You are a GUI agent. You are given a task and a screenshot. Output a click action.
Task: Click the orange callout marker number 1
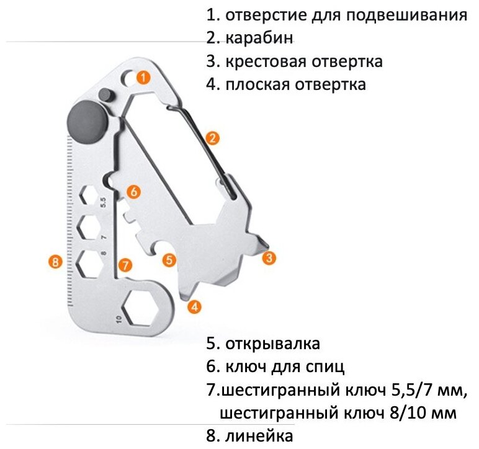point(143,78)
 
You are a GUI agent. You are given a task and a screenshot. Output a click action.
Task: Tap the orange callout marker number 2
point(212,139)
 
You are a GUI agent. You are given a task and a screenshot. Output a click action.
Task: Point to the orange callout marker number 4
point(195,306)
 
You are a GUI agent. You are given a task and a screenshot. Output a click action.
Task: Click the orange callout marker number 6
point(134,192)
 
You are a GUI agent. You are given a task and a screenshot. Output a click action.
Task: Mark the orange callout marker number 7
point(125,265)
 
